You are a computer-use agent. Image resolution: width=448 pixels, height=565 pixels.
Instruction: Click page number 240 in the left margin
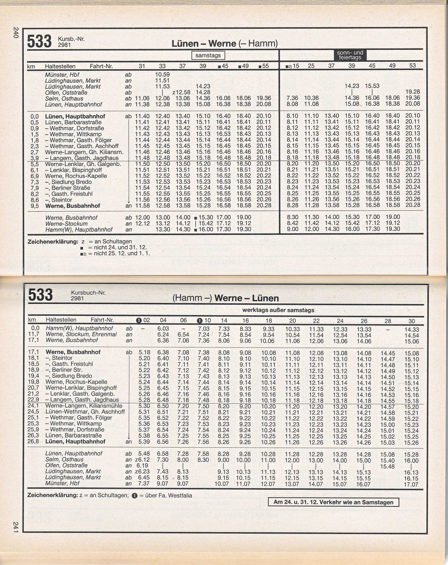tap(16, 33)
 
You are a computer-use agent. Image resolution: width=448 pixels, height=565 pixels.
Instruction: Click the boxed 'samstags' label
tap(208, 56)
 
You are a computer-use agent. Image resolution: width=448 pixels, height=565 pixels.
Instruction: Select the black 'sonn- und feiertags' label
tap(350, 55)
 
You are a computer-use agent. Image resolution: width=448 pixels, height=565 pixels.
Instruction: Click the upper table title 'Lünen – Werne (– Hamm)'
tap(224, 43)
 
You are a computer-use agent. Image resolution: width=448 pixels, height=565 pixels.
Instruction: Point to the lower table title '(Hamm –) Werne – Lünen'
tap(226, 298)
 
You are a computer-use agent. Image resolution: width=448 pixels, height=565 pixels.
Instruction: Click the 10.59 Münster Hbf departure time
tap(162, 75)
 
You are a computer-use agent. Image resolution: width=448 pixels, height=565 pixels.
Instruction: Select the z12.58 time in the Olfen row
tap(181, 92)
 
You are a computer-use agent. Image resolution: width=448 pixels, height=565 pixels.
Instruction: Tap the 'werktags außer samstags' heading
tap(278, 310)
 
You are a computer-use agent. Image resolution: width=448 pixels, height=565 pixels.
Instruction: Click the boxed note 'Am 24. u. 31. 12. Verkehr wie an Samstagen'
tap(333, 502)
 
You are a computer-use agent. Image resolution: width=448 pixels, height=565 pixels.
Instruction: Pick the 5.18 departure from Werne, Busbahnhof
tap(144, 352)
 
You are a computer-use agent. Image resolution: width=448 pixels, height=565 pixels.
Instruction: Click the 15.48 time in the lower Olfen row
tap(388, 467)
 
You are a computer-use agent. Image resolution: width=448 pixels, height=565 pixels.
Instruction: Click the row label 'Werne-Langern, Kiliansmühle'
tap(84, 406)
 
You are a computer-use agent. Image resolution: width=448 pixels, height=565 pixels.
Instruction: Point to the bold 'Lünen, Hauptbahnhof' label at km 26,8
tap(75, 442)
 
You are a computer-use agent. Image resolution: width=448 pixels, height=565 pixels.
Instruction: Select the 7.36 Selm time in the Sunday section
tap(292, 98)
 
